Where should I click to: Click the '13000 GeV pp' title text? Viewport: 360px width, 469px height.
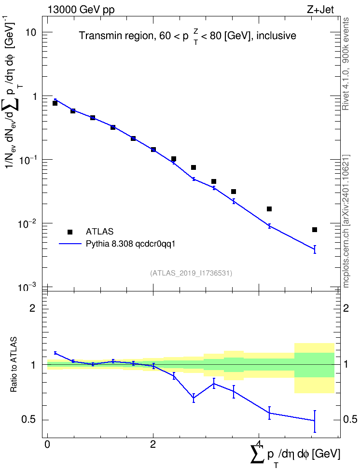click(x=81, y=10)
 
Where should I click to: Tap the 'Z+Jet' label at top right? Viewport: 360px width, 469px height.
click(x=320, y=10)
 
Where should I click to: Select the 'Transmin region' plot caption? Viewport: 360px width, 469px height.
click(x=114, y=36)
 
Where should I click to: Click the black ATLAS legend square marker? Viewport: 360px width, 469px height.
click(x=70, y=232)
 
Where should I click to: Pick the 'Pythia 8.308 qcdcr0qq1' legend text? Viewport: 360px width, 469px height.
click(x=130, y=244)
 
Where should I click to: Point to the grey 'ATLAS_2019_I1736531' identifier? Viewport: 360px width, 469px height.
click(x=191, y=273)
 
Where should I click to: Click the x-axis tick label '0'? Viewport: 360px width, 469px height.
click(x=47, y=444)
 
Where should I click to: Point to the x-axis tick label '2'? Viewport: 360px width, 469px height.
click(x=153, y=444)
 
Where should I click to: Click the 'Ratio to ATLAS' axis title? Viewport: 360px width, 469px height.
click(x=14, y=364)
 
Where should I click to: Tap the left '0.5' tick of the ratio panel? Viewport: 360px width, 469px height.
click(x=29, y=420)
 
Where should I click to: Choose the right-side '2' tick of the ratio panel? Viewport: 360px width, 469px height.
click(x=346, y=308)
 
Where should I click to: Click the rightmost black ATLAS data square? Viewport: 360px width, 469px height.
click(x=315, y=230)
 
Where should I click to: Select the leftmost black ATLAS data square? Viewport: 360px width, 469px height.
click(x=55, y=103)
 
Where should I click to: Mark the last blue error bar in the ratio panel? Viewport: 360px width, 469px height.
click(x=315, y=421)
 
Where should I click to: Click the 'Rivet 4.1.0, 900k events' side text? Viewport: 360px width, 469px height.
click(x=346, y=64)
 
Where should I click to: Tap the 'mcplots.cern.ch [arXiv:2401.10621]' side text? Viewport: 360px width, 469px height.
click(x=346, y=221)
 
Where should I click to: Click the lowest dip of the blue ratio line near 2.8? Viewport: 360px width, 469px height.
click(x=194, y=398)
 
